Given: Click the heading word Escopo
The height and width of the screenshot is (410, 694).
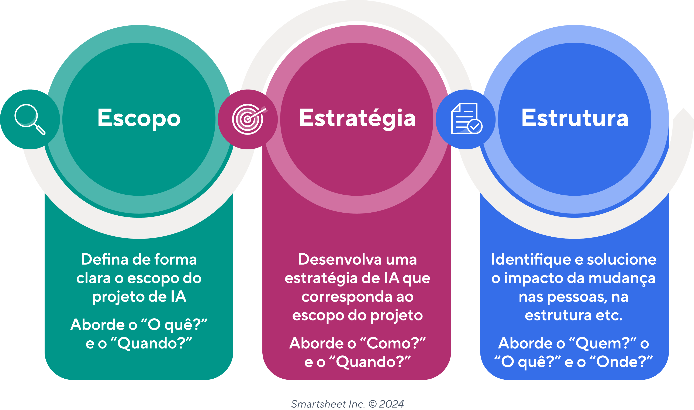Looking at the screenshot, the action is [x=139, y=118].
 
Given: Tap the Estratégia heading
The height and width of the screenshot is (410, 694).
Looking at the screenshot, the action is [x=357, y=118].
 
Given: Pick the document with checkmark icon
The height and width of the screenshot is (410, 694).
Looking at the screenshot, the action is [x=466, y=119].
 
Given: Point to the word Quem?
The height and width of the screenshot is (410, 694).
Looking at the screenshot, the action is [x=602, y=343].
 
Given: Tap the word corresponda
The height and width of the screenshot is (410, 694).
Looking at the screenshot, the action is [x=347, y=297].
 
